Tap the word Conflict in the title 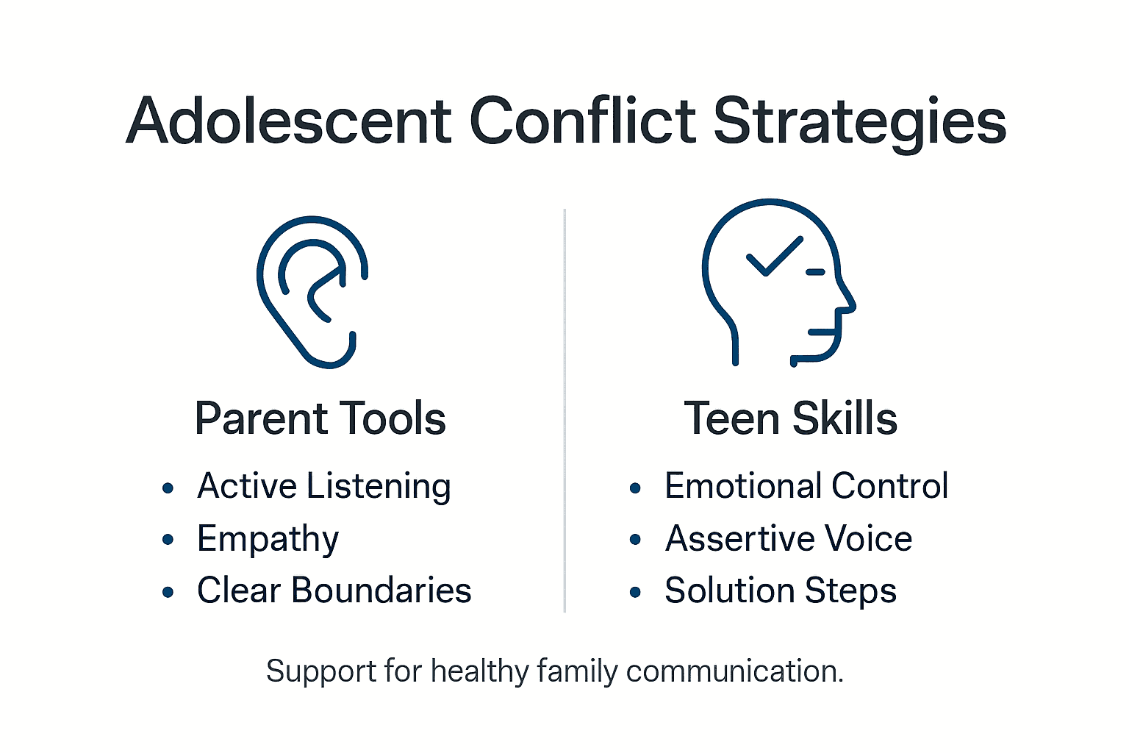[582, 121]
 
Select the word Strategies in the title [859, 122]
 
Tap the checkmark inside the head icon [774, 256]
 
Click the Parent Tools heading [320, 418]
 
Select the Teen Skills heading [790, 418]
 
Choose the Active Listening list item [323, 487]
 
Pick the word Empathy [268, 539]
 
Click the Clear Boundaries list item [334, 590]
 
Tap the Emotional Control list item [806, 486]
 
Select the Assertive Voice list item [789, 538]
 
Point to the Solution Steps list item [781, 590]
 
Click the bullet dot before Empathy [168, 540]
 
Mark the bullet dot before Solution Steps [636, 591]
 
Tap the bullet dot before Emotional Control [636, 488]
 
